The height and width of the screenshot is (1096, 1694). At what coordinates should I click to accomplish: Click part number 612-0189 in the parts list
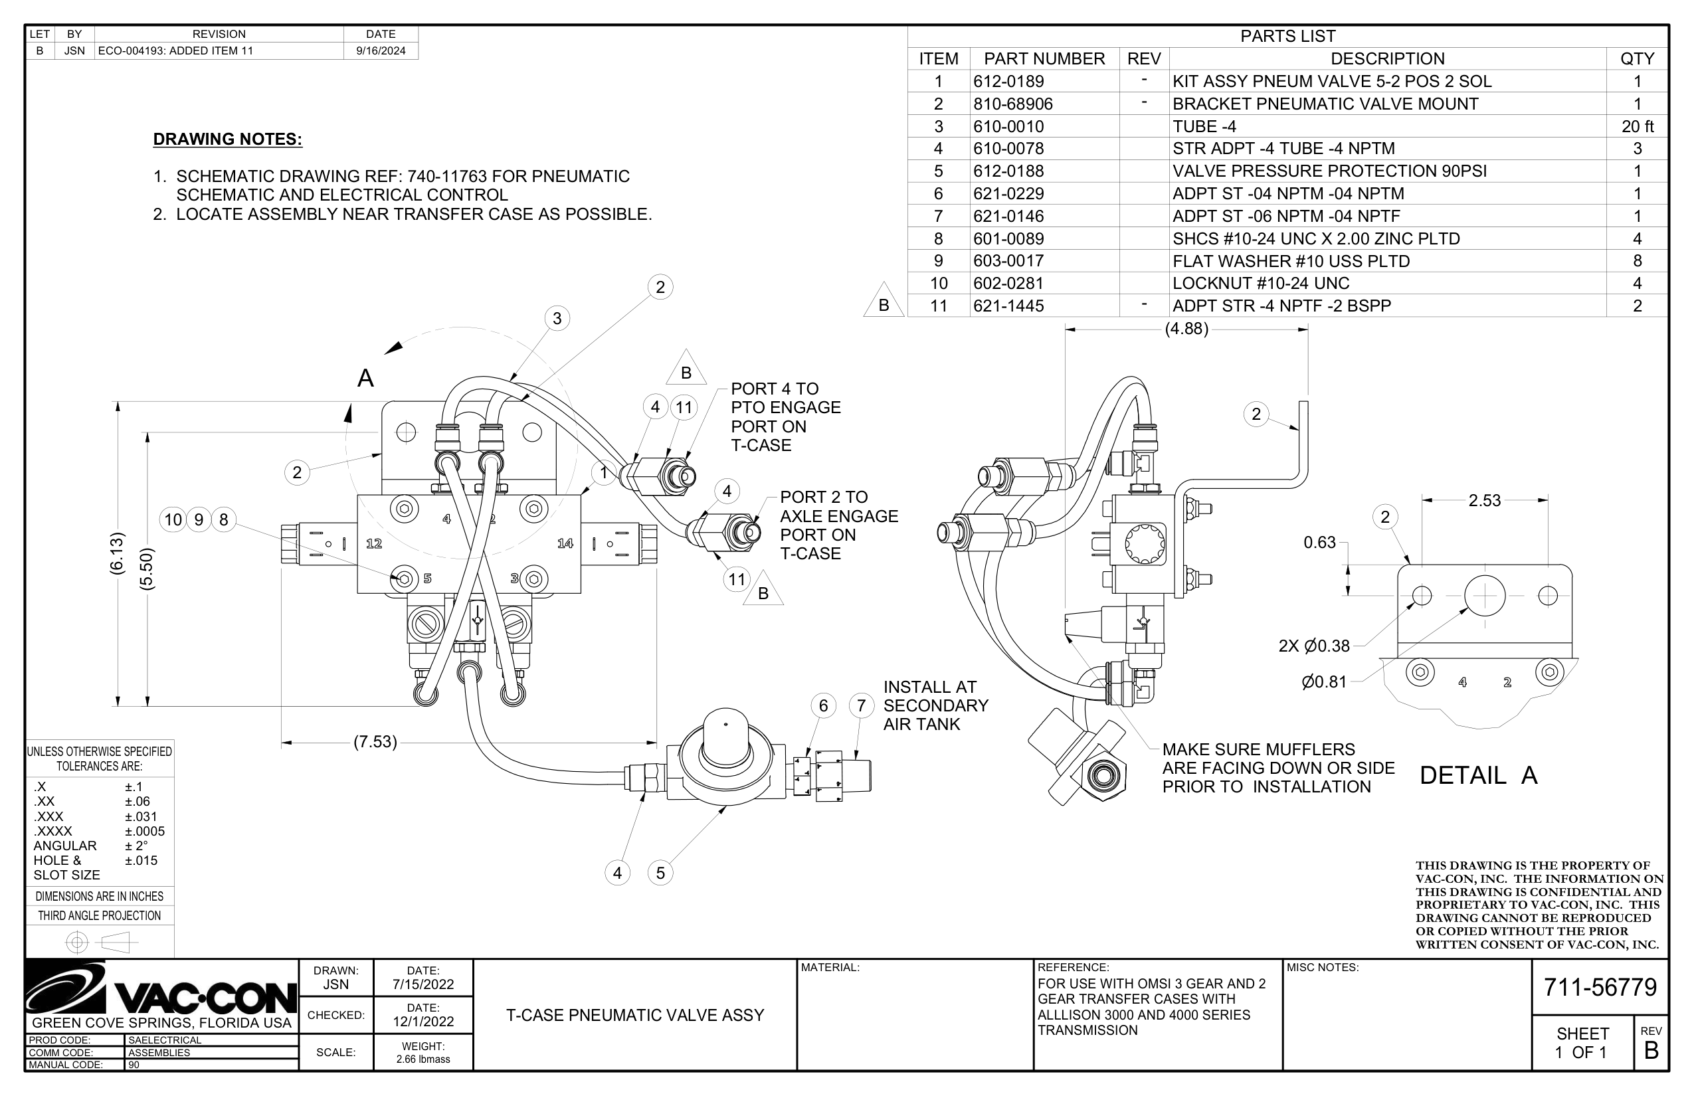[1008, 81]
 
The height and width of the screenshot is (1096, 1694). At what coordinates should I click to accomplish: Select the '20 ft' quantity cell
[1637, 127]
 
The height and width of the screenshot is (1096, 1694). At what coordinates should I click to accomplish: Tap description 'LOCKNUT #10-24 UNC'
[1261, 283]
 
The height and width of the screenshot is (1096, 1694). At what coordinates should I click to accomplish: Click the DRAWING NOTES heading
[228, 139]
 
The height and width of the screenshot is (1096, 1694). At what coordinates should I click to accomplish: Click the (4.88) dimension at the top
[1186, 329]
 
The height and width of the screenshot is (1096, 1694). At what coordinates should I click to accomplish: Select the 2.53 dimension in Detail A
[1484, 500]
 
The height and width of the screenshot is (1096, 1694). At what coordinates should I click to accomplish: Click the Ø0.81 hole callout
[1324, 682]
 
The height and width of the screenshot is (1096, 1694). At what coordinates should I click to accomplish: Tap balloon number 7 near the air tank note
[861, 705]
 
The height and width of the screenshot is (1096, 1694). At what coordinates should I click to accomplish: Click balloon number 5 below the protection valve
[660, 873]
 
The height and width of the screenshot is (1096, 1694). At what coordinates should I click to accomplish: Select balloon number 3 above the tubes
[557, 318]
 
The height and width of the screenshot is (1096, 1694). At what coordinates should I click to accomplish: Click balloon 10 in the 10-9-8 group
[173, 519]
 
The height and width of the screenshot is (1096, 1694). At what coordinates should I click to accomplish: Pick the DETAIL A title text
[1478, 775]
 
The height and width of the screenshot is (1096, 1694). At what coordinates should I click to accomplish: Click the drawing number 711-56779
[1600, 987]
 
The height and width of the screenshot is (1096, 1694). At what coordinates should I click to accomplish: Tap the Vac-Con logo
[161, 989]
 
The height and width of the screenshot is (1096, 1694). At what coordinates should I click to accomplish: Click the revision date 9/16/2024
[381, 50]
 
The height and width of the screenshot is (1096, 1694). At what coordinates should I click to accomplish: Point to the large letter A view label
[365, 378]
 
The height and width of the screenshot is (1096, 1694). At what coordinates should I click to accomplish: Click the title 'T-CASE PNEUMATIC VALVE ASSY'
[635, 1015]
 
